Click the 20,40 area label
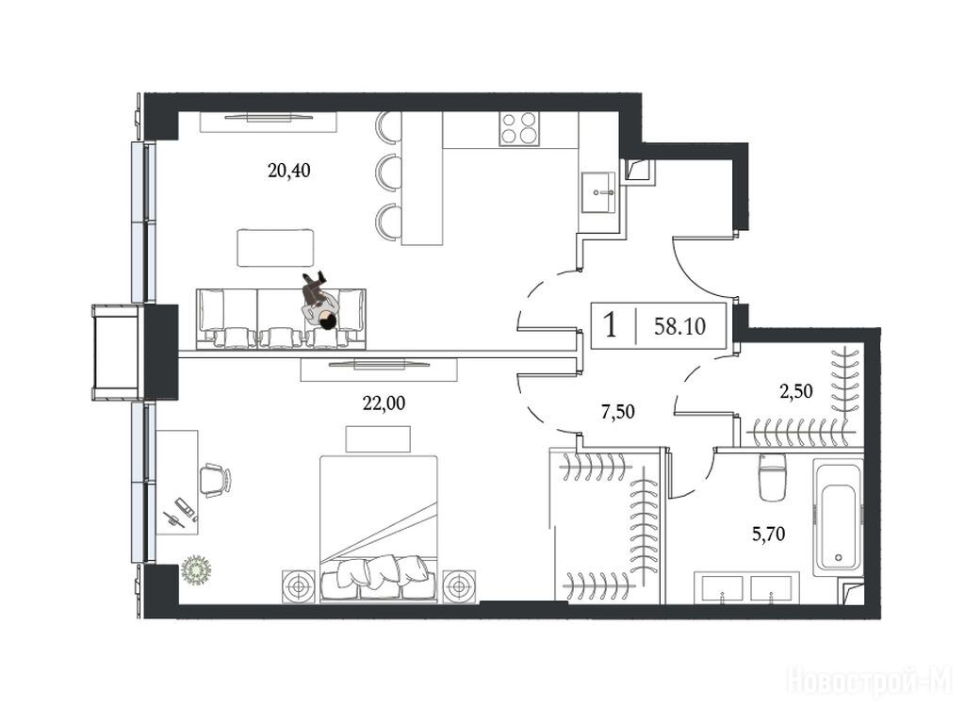click(x=288, y=171)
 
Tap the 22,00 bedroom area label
click(x=384, y=403)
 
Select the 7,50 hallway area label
click(x=617, y=411)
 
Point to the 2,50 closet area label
click(x=796, y=391)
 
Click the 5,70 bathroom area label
click(x=769, y=534)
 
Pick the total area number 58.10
click(x=680, y=325)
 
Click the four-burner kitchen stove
click(x=517, y=128)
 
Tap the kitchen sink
click(x=598, y=192)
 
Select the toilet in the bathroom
click(x=773, y=477)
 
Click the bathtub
click(x=838, y=518)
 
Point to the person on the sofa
click(x=319, y=301)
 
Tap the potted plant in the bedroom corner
click(x=197, y=570)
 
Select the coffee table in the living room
click(x=275, y=248)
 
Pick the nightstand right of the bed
click(x=459, y=586)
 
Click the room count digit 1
click(x=610, y=324)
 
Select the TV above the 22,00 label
click(x=379, y=365)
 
